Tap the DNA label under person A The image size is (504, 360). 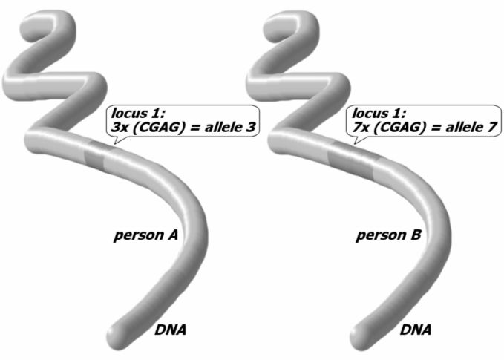[x=170, y=329]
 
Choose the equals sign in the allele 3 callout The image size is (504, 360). [x=194, y=129]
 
